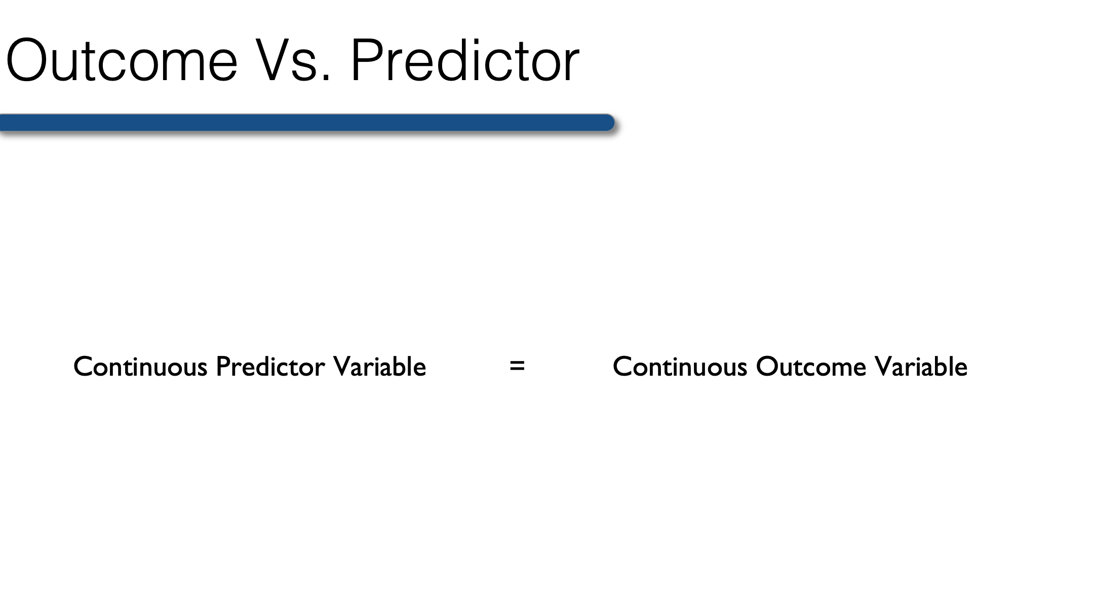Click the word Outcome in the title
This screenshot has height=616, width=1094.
(x=122, y=60)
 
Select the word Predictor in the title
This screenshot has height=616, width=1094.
(x=465, y=59)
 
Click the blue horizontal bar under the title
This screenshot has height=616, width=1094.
(x=307, y=123)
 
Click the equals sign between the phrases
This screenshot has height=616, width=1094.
(x=517, y=366)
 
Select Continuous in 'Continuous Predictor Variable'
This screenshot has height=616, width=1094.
(x=140, y=367)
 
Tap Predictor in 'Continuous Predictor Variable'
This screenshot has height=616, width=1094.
(x=270, y=367)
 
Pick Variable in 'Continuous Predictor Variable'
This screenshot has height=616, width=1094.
(x=380, y=367)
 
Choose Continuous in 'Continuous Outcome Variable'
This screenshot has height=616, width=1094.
(x=680, y=367)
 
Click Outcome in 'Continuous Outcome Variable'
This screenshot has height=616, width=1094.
(x=811, y=367)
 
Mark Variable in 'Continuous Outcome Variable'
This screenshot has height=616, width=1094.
(x=921, y=367)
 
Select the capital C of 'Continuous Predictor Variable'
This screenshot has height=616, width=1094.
(x=84, y=367)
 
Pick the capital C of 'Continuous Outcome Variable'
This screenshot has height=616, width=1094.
(x=623, y=367)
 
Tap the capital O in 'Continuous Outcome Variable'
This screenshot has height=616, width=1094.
(x=767, y=367)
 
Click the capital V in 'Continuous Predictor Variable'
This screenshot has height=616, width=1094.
(x=343, y=367)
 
